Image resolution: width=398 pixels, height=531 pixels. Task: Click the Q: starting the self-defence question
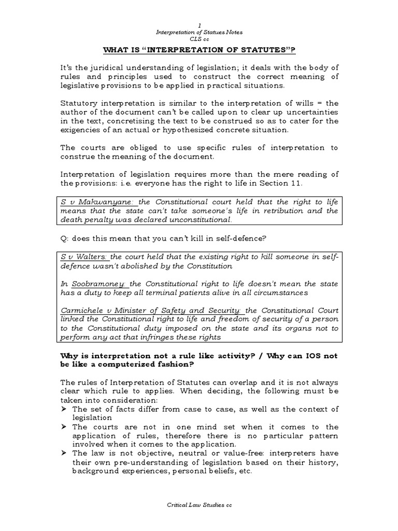point(64,238)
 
